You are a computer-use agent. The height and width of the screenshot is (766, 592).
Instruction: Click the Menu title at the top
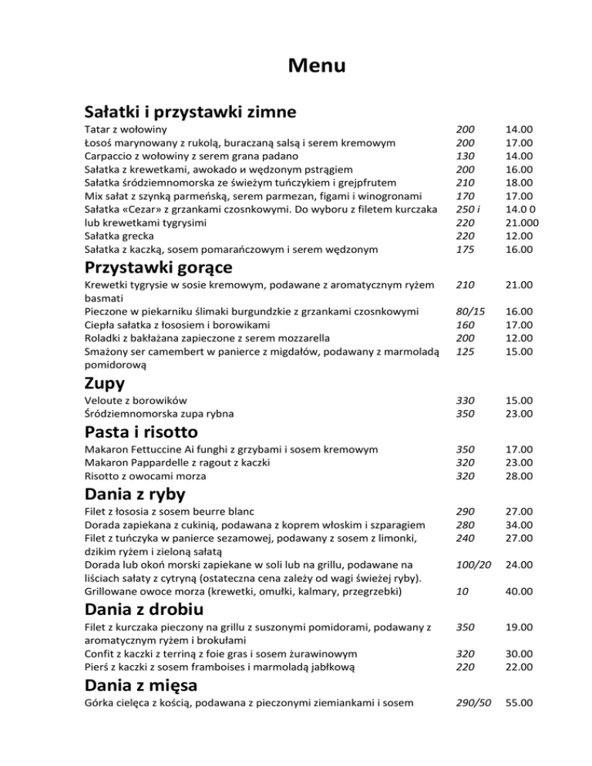pos(317,66)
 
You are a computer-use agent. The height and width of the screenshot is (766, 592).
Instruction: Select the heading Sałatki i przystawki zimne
pos(190,112)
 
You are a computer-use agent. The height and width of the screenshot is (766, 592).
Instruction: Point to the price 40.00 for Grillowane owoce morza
pos(518,591)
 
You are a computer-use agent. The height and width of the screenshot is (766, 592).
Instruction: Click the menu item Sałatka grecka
pos(119,235)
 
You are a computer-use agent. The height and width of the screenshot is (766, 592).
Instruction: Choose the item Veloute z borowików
pos(136,401)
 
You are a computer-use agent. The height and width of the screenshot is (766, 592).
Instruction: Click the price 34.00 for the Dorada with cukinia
pos(518,524)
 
